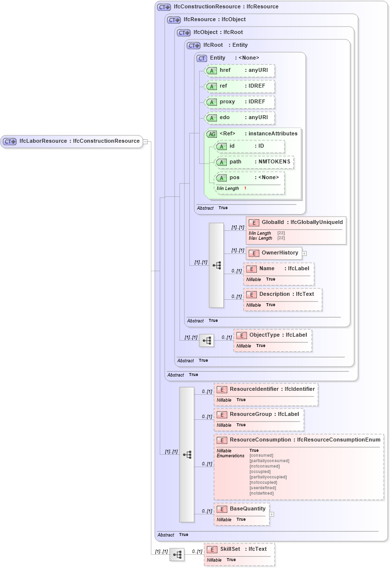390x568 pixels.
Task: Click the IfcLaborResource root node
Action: (x=72, y=141)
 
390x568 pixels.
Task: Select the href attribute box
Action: (x=239, y=70)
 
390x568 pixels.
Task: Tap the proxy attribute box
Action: (x=239, y=102)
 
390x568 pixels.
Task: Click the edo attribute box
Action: (x=239, y=118)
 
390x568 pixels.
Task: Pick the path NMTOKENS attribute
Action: (x=254, y=162)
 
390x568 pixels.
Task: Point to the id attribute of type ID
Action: (x=249, y=146)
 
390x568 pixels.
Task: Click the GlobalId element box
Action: (x=296, y=222)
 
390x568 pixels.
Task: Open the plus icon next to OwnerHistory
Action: (x=304, y=253)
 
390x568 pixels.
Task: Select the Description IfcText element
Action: (x=283, y=294)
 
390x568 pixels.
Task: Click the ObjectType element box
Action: (x=272, y=335)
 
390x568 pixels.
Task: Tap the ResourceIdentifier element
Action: (x=266, y=389)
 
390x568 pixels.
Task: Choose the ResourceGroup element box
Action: (x=259, y=414)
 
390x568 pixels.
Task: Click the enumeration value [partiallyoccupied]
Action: (x=268, y=477)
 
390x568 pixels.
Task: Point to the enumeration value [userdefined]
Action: (x=263, y=488)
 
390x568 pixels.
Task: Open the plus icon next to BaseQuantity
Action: (x=272, y=514)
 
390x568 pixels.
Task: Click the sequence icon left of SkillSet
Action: (x=177, y=555)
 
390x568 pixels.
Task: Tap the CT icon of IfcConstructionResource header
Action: (x=164, y=7)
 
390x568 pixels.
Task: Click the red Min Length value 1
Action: (x=245, y=189)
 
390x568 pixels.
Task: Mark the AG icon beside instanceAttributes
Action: (x=212, y=134)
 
